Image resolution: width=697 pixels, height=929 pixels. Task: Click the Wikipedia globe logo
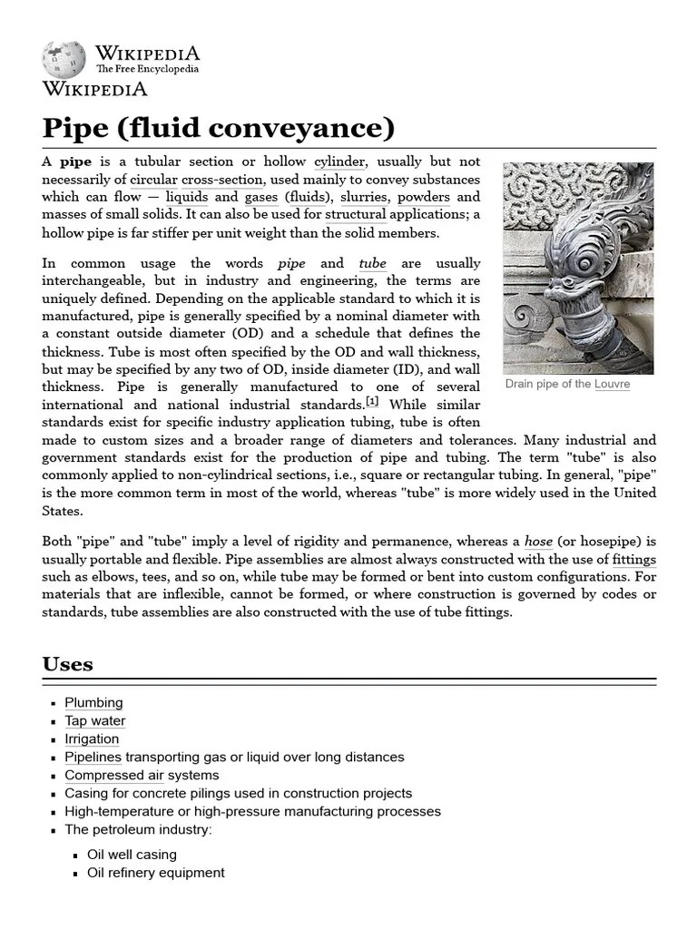tap(64, 59)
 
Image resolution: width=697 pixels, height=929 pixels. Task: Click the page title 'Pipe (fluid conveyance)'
tap(219, 128)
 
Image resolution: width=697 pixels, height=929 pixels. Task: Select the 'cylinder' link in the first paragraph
tap(339, 161)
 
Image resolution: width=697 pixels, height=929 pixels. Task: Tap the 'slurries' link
tap(364, 197)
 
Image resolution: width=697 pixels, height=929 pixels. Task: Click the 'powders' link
tap(423, 197)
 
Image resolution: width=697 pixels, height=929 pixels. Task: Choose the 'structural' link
tap(356, 215)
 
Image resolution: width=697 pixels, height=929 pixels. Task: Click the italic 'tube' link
tap(372, 263)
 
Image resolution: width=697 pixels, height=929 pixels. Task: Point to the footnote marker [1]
tap(372, 402)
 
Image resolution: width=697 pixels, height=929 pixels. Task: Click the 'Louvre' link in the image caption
tap(612, 385)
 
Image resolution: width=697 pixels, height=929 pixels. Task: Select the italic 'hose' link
tap(539, 542)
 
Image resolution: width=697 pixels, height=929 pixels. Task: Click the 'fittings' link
tap(633, 560)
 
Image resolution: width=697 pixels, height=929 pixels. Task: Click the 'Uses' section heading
tap(68, 664)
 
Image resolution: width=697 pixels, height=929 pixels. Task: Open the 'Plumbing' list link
tap(93, 703)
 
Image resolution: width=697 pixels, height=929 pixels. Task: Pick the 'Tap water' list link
tap(95, 721)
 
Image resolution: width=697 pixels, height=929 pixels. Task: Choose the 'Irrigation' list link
tap(92, 739)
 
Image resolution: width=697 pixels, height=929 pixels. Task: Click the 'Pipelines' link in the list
tap(93, 758)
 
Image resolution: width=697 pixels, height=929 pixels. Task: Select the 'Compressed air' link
tap(114, 776)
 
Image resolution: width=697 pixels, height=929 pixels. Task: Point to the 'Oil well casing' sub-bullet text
tap(132, 855)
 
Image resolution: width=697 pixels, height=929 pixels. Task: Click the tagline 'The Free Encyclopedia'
tap(147, 69)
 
